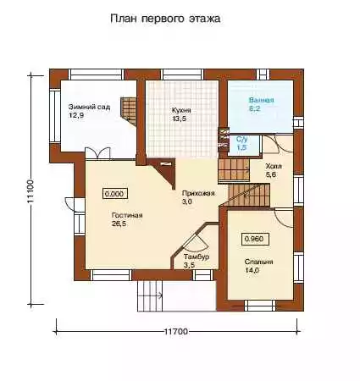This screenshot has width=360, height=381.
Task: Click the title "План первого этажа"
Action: point(165,19)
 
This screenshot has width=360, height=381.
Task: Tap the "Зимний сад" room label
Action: point(89,107)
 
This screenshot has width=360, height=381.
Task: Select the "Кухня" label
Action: point(181,110)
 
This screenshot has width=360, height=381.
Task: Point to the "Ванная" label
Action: point(261,100)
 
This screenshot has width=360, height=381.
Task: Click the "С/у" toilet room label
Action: point(241,139)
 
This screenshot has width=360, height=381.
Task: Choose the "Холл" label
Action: point(274,166)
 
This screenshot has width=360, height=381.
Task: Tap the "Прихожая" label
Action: point(198,193)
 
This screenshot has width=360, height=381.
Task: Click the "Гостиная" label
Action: point(127,215)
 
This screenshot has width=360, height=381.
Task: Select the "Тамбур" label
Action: point(197,257)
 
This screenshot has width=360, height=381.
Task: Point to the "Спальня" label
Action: point(258,262)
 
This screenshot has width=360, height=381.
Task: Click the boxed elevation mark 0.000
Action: point(114,194)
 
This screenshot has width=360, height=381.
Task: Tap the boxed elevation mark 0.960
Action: point(255,239)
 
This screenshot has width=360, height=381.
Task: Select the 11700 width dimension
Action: point(176,331)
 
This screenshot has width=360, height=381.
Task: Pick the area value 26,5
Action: point(119,224)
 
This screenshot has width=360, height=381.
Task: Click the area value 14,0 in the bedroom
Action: point(252,270)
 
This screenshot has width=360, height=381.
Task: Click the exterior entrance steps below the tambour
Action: point(150,295)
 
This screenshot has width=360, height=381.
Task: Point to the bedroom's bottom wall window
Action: point(260,306)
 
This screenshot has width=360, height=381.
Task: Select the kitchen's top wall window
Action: point(183,75)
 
